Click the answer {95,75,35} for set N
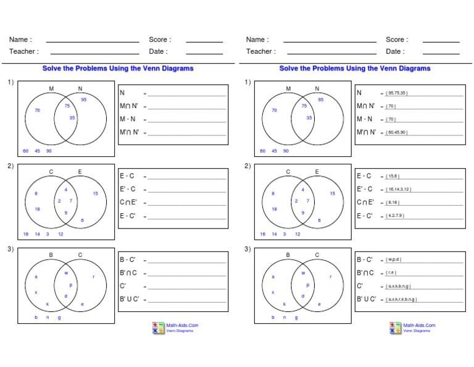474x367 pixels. [396, 93]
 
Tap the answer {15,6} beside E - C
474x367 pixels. [392, 177]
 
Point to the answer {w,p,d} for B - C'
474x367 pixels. [393, 260]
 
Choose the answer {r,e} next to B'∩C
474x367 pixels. [391, 273]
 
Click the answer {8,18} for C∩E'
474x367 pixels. [392, 203]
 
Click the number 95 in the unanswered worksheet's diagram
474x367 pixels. [83, 99]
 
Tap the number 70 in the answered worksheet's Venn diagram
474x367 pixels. [274, 111]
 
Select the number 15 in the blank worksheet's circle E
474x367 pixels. [95, 193]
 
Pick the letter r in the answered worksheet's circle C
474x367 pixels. [331, 277]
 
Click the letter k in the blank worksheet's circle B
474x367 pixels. [48, 304]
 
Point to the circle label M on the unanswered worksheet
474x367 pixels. [51, 89]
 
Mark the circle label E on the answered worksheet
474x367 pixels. [317, 172]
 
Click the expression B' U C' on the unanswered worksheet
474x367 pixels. [130, 298]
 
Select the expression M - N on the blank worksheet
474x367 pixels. [128, 119]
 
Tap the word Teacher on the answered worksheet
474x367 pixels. [260, 52]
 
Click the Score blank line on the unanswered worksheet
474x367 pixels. [204, 41]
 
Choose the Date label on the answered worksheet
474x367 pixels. [395, 52]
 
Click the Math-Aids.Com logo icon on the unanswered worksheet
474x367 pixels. [159, 328]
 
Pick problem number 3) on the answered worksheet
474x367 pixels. [247, 249]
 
